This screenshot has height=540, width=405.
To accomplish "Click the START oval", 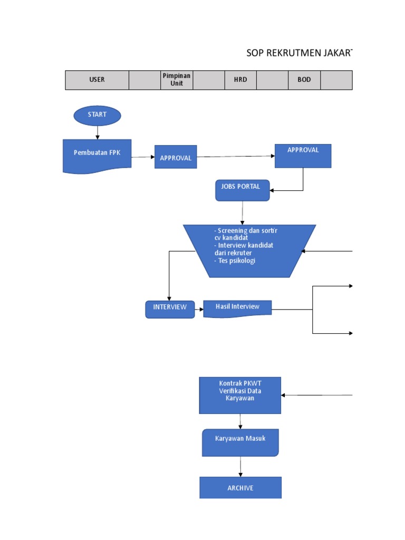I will pos(97,115).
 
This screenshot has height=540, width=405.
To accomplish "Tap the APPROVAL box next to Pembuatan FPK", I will pos(176,157).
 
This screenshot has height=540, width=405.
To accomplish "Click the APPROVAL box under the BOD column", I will pos(303,156).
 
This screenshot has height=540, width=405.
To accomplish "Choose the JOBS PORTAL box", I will pos(243,190).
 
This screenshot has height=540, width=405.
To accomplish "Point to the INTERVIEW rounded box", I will pos(170,310).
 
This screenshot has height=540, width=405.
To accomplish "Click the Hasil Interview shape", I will pos(238,308).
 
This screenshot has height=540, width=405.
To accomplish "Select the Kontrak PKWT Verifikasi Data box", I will pos(240,395).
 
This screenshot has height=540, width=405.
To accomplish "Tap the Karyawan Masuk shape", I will pos(240,442).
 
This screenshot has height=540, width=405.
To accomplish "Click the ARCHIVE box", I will pos(240,488).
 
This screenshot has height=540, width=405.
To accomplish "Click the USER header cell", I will pos(97,80).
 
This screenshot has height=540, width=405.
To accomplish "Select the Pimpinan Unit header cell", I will pos(177,80).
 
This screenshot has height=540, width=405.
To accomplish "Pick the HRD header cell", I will pos(240,80).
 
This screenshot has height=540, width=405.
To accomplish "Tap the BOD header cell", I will pos(304,80).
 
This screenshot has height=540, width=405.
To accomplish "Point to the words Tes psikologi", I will pos(235,261).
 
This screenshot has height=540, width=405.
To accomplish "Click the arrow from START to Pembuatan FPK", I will pos(98,133).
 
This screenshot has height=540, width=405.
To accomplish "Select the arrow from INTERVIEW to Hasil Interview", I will pos(199,310).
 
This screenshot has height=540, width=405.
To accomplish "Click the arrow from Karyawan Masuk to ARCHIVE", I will pos(240,467).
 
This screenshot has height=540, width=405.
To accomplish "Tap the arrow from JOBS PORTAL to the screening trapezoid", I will pos(243,213).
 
